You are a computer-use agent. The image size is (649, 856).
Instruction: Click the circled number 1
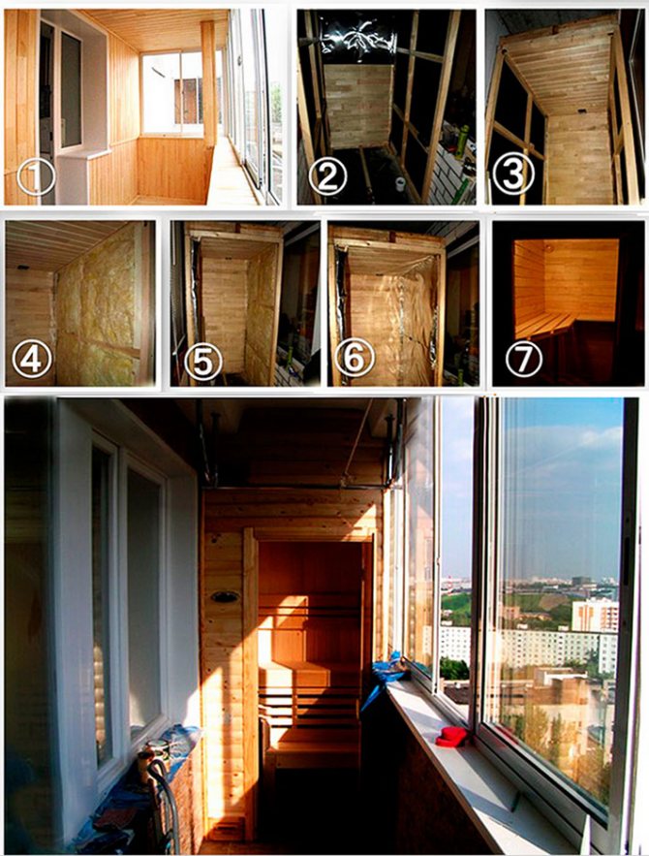[x=37, y=176]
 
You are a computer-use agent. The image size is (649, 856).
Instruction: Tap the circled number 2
[x=327, y=175]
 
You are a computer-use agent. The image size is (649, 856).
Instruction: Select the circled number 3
[x=511, y=174]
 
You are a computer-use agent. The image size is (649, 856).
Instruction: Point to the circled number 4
[x=32, y=360]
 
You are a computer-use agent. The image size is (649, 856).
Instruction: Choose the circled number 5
[x=202, y=362]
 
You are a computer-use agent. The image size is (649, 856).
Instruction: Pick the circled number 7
[x=524, y=359]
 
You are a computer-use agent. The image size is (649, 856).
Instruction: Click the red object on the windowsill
[x=451, y=737]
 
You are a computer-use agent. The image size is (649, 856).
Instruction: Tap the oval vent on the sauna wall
[x=224, y=597]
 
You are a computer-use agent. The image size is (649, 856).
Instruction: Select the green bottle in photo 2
[x=462, y=141]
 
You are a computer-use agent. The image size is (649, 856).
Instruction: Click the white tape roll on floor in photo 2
[x=400, y=184]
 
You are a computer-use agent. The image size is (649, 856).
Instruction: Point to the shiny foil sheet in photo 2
[x=358, y=37]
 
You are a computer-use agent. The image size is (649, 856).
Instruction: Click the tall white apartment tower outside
[x=595, y=615]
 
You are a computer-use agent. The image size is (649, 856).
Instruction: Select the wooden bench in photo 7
[x=543, y=325]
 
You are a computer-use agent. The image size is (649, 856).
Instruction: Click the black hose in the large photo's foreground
[x=166, y=803]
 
